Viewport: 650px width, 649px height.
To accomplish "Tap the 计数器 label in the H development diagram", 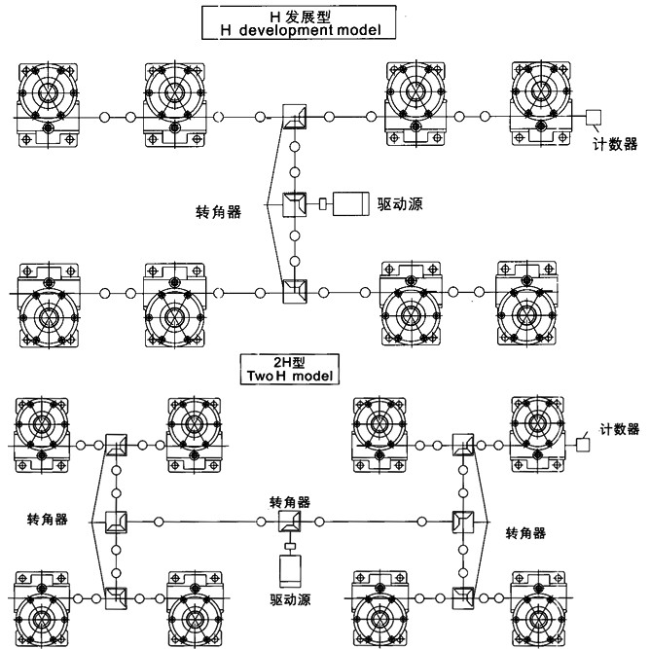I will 615,144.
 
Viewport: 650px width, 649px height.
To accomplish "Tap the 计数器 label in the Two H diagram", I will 620,428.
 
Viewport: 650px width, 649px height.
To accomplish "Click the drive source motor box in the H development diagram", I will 347,203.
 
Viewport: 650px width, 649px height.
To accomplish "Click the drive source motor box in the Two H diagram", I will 291,567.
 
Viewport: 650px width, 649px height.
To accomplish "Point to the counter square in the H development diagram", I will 593,118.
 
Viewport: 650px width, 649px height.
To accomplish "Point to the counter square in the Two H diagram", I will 586,443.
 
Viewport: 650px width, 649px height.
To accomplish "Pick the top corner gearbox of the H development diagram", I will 293,118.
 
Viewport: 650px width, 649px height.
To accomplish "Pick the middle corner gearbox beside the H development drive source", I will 293,203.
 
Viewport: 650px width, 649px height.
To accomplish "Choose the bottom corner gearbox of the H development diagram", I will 293,290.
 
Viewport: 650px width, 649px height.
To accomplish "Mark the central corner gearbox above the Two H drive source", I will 290,522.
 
